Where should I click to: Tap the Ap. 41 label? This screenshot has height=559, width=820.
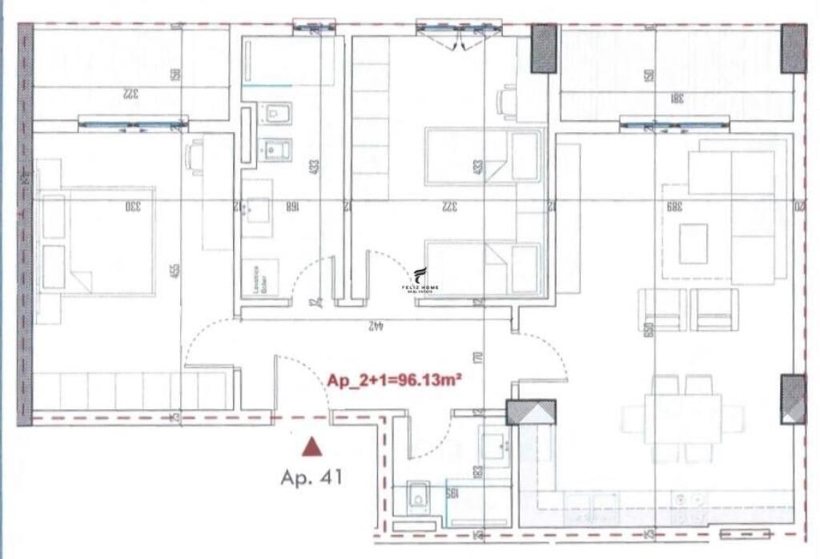[312, 478]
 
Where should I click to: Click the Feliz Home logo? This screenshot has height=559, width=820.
[420, 281]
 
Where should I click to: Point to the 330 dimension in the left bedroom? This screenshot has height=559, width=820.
[132, 207]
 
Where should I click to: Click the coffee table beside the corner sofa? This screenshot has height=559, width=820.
[693, 243]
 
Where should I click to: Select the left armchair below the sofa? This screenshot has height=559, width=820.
[661, 310]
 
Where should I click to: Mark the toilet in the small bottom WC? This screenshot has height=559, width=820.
[417, 499]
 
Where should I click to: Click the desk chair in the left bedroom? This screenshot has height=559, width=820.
[194, 156]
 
